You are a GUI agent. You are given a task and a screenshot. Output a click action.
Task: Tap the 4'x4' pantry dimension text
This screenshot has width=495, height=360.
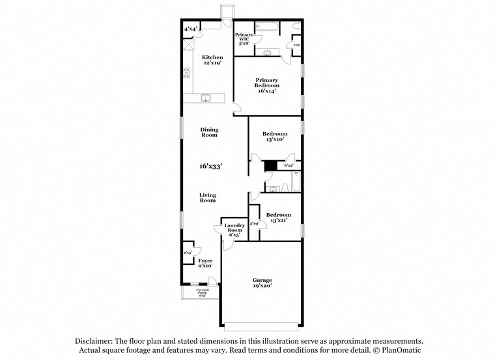click(190, 29)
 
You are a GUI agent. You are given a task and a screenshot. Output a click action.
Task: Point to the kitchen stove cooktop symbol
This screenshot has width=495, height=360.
click(186, 72)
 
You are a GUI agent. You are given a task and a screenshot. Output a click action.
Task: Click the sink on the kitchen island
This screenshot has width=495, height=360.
click(206, 98)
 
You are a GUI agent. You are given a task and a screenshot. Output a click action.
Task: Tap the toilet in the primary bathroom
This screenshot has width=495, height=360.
click(268, 52)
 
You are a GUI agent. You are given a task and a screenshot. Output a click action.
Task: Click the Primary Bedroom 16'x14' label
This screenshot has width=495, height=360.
click(267, 86)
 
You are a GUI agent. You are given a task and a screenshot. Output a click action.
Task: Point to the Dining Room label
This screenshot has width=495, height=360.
click(209, 132)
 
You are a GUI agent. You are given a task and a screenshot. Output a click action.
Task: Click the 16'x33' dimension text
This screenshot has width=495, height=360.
click(212, 167)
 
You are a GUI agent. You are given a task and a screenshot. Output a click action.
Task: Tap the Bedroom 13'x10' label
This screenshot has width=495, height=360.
click(274, 137)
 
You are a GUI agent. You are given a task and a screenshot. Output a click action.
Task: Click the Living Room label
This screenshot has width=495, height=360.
click(208, 198)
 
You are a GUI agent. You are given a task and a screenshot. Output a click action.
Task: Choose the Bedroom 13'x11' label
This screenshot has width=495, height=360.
click(274, 217)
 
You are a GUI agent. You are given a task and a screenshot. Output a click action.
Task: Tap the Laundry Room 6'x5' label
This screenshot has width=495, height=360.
click(234, 230)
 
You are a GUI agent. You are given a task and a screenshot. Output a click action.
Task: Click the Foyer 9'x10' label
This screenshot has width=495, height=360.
click(205, 263)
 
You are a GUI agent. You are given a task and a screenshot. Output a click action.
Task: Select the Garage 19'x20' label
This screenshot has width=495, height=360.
click(262, 283)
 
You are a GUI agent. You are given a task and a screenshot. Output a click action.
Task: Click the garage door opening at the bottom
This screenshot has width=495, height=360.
click(262, 324)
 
